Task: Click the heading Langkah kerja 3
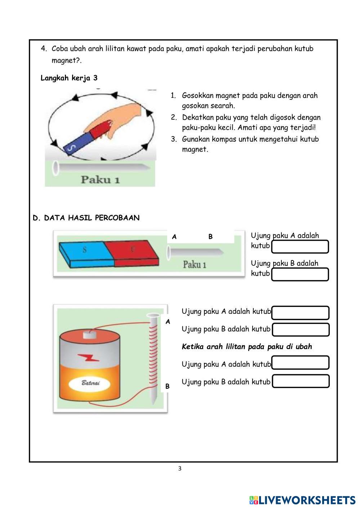(69, 78)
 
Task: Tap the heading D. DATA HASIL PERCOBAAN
(86, 218)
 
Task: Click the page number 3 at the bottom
(180, 469)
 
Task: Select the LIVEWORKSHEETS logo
(302, 500)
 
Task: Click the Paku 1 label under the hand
(100, 179)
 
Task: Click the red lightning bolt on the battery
(89, 358)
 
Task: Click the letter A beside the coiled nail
(168, 322)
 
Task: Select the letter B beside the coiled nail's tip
(167, 386)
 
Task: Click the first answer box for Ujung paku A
(300, 247)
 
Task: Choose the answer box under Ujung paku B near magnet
(300, 274)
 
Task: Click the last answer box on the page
(301, 381)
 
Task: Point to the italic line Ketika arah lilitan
(247, 347)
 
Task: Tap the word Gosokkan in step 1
(197, 96)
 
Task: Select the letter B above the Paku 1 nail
(210, 237)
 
